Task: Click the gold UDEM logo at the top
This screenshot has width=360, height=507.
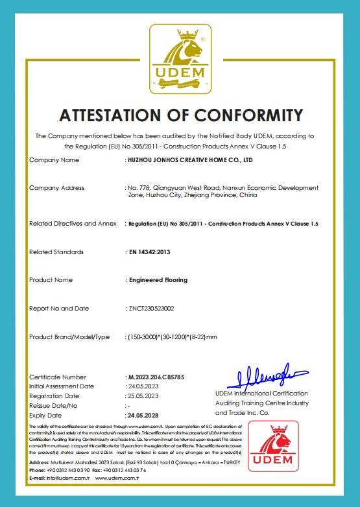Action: [180, 60]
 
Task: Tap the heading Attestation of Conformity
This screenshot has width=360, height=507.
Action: [180, 115]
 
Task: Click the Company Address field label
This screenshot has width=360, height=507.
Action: [56, 188]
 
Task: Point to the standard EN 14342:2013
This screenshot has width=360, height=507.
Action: [150, 252]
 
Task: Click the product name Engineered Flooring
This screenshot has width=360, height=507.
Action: [158, 280]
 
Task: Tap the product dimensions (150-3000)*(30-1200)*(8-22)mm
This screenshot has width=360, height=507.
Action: [172, 337]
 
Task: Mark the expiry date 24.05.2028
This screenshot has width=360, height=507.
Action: [143, 415]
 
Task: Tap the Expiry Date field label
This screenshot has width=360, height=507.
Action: [45, 415]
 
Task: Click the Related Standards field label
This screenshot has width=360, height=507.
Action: [56, 252]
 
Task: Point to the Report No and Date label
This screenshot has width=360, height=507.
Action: [59, 309]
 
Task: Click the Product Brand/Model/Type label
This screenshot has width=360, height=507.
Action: [69, 337]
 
